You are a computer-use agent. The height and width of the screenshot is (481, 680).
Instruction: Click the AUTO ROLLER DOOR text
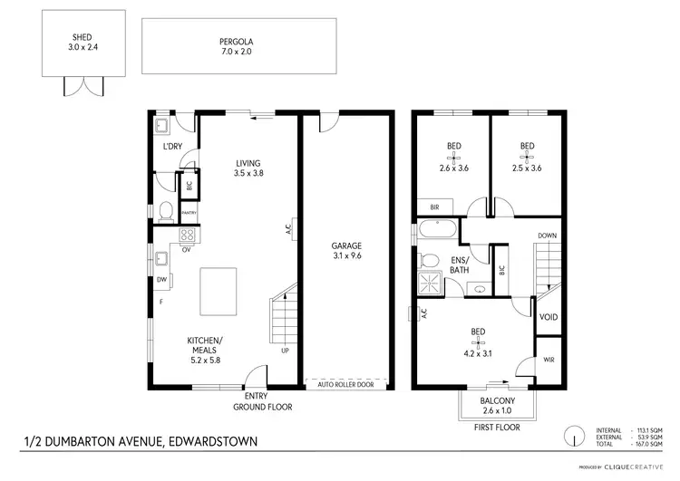pos(346,384)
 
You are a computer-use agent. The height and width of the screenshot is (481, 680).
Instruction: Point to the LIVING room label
pos(247,164)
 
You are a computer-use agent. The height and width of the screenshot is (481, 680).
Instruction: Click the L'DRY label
pos(172,146)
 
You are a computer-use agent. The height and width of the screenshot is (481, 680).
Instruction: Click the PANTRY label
pos(189,213)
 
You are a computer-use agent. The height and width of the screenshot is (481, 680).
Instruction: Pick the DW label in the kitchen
pos(160,280)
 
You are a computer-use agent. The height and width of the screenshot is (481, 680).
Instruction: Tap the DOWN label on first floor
pos(547,236)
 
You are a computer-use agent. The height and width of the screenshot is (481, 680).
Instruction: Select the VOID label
pos(549,317)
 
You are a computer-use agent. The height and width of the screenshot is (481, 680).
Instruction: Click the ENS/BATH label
pos(459,265)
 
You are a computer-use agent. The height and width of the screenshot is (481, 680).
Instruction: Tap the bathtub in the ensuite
pos(438,233)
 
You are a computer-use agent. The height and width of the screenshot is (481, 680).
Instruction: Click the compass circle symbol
pos(573,436)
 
